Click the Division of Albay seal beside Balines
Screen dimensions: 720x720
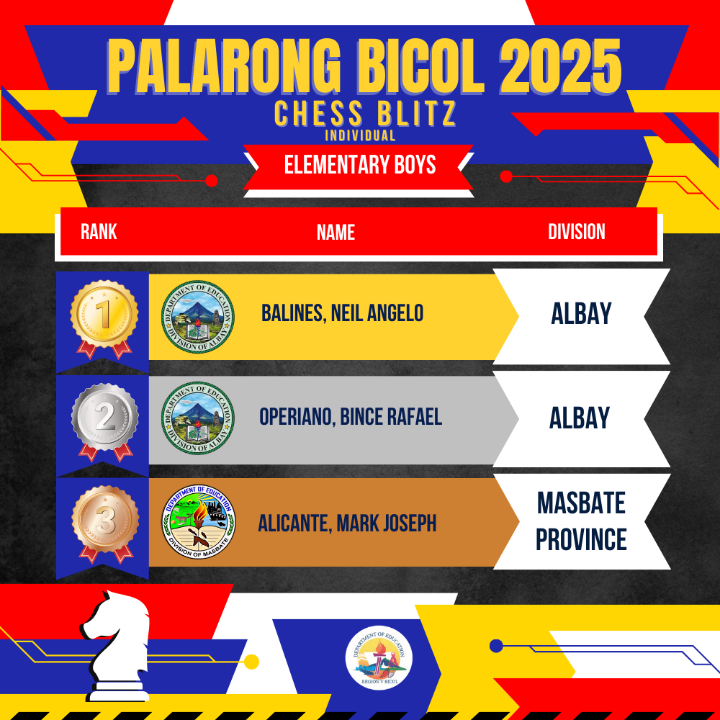point(198,316)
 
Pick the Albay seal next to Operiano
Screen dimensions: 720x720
point(198,418)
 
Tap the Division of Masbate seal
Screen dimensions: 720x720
point(199,521)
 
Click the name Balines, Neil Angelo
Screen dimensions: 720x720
point(342,313)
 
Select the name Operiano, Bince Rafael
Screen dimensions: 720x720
point(351,416)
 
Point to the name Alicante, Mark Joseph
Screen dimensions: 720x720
point(347,523)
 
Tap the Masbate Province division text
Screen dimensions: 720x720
point(581,521)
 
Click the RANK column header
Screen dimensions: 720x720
point(99,231)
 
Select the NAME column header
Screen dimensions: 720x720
point(336,233)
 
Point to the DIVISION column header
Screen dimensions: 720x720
point(576,231)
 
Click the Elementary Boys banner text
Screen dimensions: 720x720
point(359,164)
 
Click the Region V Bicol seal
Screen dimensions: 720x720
point(379,659)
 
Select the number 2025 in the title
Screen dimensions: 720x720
point(560,66)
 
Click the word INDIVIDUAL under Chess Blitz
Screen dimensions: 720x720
point(360,135)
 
